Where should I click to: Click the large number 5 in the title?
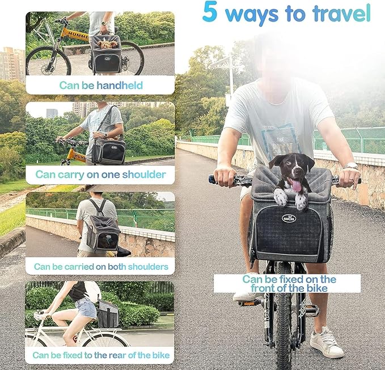[209, 12]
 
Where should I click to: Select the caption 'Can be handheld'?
[100, 86]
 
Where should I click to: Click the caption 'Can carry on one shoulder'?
[100, 175]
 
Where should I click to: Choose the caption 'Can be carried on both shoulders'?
[100, 266]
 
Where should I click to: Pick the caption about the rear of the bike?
[100, 355]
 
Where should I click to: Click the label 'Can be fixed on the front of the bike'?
[289, 283]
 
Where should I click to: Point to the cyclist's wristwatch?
[351, 165]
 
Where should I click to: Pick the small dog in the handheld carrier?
[106, 42]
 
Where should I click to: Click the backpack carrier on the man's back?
[103, 232]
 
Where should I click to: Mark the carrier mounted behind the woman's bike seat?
[107, 314]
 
